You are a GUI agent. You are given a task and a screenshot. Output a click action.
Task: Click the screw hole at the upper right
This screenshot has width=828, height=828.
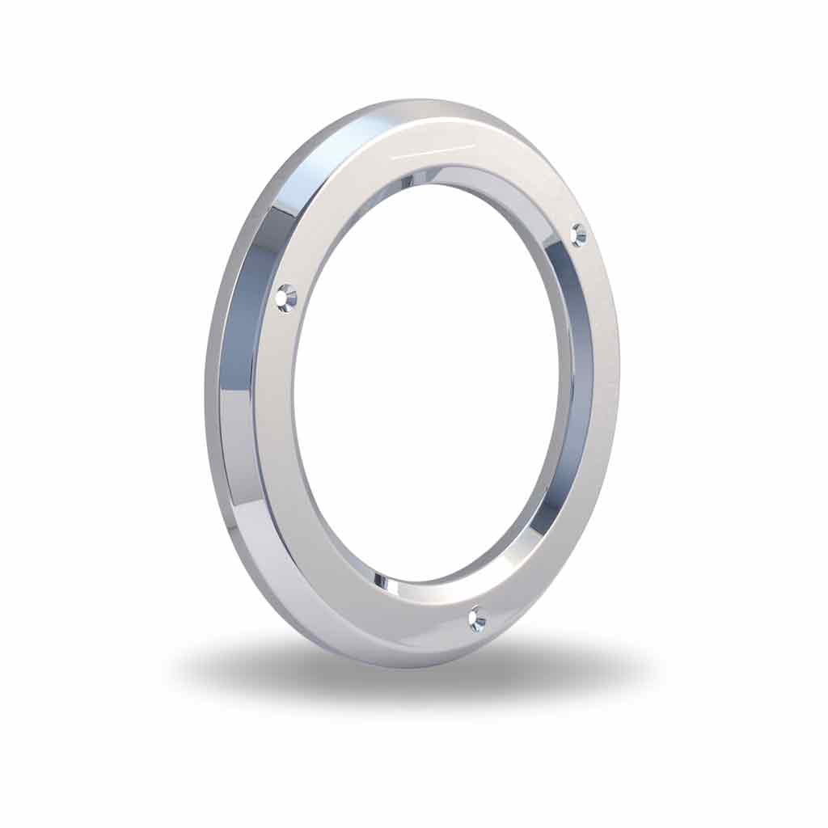click(x=579, y=234)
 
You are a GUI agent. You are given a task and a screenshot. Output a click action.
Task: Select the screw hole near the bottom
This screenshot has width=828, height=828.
click(x=478, y=619)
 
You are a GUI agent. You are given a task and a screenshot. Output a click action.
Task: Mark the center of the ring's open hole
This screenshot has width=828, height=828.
click(x=429, y=380)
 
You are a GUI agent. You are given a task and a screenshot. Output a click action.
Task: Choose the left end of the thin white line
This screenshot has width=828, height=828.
click(x=391, y=158)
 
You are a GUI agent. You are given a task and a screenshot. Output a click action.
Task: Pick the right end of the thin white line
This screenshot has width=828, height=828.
click(x=475, y=146)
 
